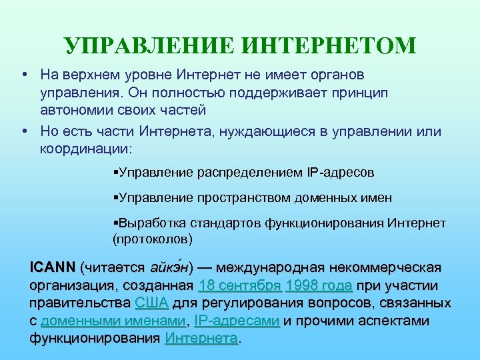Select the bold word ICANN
click(52, 268)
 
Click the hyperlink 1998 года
click(319, 286)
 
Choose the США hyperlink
click(151, 303)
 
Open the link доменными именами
click(113, 321)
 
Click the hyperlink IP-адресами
click(236, 321)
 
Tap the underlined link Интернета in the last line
click(201, 338)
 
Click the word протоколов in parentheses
click(153, 237)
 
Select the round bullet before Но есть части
click(24, 131)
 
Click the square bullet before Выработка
click(116, 223)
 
